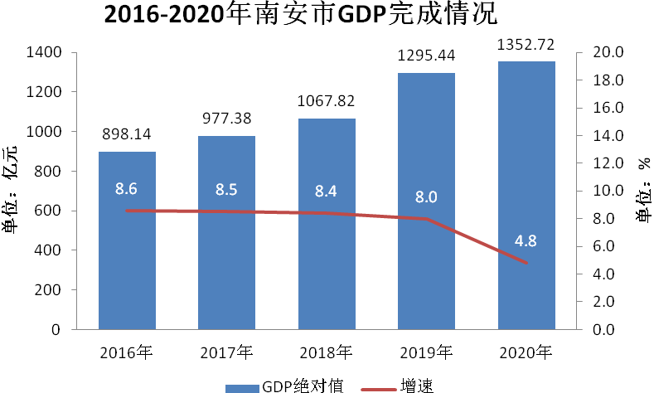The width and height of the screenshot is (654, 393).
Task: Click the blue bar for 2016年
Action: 127,265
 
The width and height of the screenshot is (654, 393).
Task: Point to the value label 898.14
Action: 127,135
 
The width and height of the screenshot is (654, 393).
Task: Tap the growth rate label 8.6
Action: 127,189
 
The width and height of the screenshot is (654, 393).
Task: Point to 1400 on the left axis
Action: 44,53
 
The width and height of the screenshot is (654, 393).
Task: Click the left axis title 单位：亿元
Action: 12,189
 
